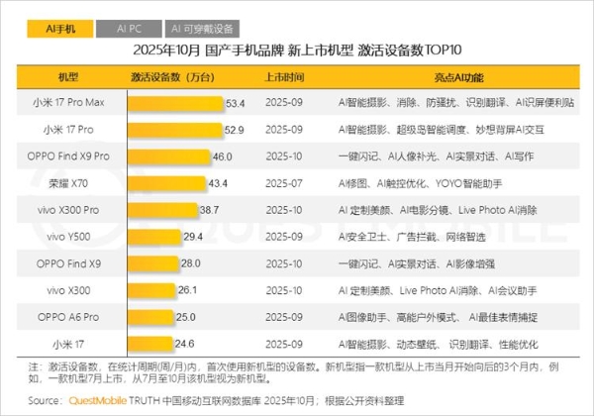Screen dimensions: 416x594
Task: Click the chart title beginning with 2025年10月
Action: (x=297, y=51)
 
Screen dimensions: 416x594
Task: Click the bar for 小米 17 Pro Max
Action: (x=174, y=102)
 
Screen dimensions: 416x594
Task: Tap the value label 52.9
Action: (x=235, y=129)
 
